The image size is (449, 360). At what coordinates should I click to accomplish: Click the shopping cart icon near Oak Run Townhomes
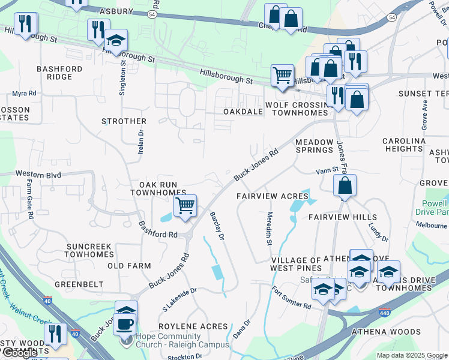point(185,206)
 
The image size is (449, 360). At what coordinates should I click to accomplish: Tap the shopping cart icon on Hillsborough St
point(282,76)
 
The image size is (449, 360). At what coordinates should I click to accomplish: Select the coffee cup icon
point(125,324)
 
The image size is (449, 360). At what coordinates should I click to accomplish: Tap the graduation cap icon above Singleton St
point(116,41)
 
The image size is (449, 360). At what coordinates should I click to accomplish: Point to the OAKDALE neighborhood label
point(243,112)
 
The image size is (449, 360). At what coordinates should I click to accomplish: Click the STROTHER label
point(124,121)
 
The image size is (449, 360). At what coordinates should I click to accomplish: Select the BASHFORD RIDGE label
point(59,73)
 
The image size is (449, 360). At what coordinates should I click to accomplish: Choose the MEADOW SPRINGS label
point(314,146)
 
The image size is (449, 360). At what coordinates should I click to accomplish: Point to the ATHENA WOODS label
point(386,332)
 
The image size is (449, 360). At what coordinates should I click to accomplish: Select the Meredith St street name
point(270,229)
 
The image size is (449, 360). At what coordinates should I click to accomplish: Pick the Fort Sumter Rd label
point(291,298)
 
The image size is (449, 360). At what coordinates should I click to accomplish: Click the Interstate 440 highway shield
point(385,313)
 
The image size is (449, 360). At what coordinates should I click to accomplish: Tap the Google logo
point(20,353)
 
